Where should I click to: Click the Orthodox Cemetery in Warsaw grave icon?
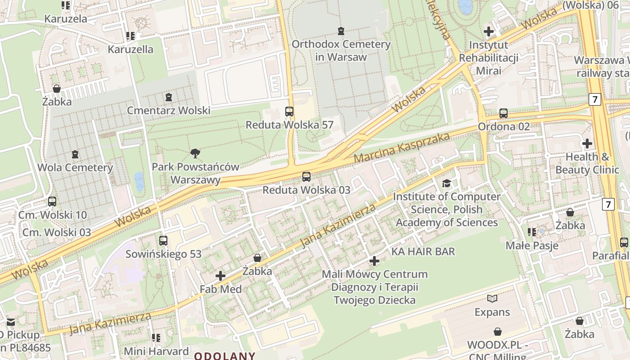click(x=341, y=31)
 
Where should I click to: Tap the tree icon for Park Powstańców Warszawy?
click(x=195, y=154)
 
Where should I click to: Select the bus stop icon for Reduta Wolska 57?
click(x=289, y=112)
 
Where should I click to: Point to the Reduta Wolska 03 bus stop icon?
click(x=306, y=177)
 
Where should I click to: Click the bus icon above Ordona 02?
click(x=504, y=113)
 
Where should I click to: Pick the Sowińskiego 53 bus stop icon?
click(x=163, y=241)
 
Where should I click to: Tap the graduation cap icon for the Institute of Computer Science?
click(x=446, y=183)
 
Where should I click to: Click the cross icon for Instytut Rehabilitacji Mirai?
click(x=489, y=31)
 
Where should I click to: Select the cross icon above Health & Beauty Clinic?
click(x=587, y=144)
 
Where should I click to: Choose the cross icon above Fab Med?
click(x=220, y=276)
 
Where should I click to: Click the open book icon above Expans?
click(x=492, y=299)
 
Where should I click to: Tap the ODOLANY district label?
click(x=225, y=356)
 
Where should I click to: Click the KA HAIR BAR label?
click(x=423, y=252)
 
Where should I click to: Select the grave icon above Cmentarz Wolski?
click(x=169, y=97)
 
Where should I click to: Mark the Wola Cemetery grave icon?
click(x=75, y=154)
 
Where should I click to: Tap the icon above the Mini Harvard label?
click(x=156, y=337)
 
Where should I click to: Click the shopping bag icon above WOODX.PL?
click(x=498, y=332)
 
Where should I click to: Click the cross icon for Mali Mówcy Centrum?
click(x=374, y=261)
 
